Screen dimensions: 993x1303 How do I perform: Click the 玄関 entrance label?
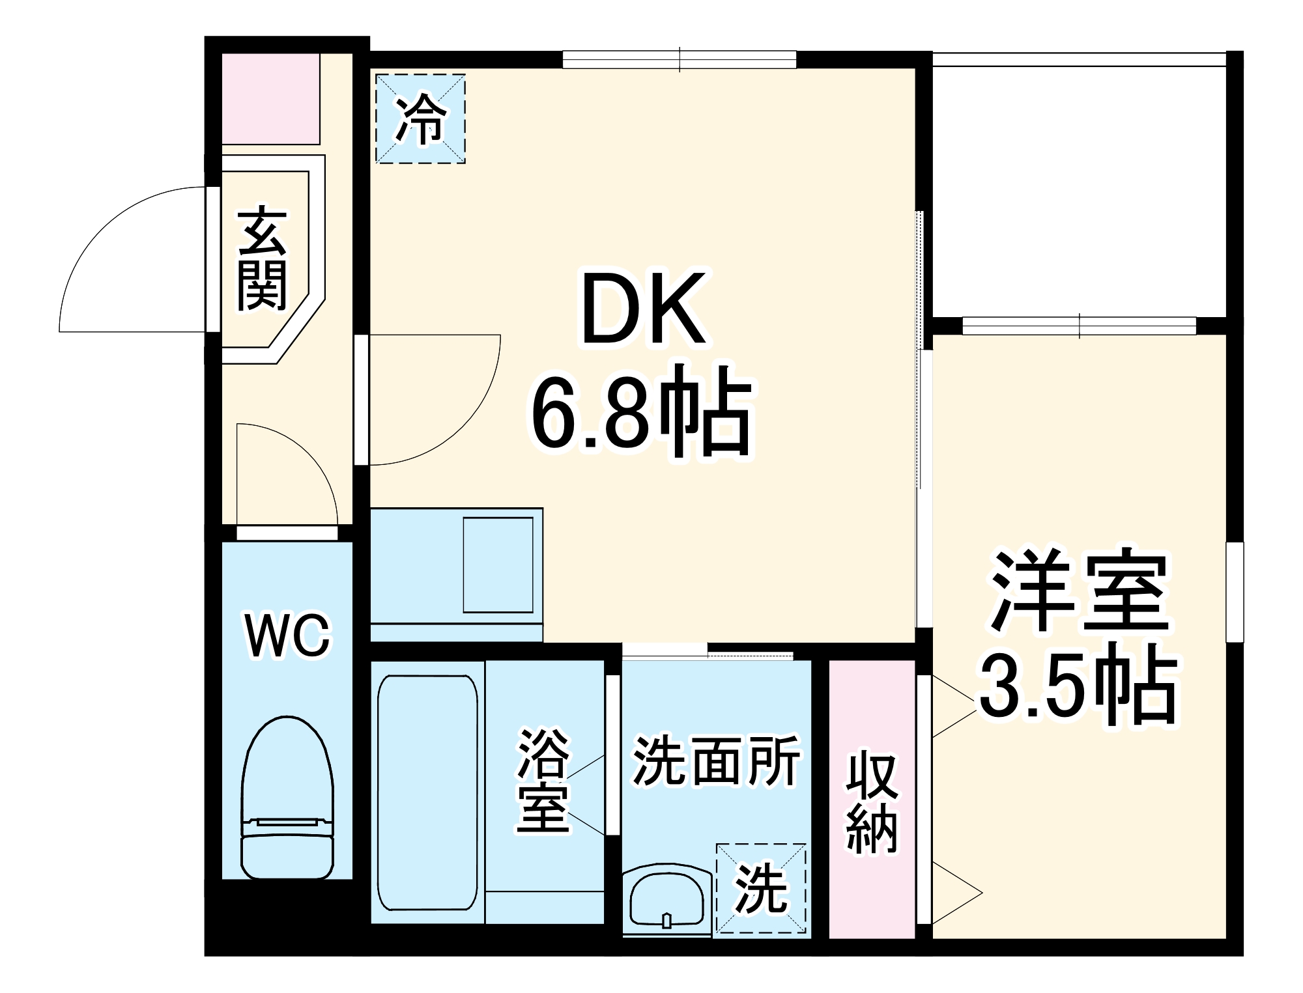tap(262, 259)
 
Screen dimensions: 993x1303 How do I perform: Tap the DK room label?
tap(644, 309)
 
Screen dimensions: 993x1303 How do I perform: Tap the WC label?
tap(287, 635)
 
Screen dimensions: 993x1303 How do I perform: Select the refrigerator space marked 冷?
tap(421, 119)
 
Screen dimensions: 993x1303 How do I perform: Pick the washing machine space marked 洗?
tap(760, 889)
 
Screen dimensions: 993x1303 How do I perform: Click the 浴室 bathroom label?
tap(543, 781)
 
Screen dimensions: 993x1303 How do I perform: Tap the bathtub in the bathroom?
tap(427, 792)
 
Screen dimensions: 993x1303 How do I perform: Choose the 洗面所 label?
tap(716, 760)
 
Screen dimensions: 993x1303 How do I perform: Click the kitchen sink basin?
tap(498, 565)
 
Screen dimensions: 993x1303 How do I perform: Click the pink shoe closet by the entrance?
tap(270, 99)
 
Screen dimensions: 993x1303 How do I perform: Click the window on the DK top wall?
tap(680, 60)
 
